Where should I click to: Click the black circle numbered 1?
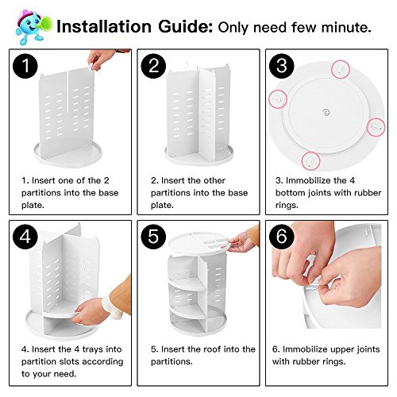click(25, 66)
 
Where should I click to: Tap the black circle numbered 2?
click(153, 66)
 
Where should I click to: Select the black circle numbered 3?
click(282, 66)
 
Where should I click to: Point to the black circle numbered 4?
click(25, 237)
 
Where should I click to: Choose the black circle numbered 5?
click(153, 237)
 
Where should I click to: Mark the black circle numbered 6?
click(282, 237)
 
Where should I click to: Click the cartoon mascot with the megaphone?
click(33, 27)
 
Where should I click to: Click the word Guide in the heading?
click(186, 27)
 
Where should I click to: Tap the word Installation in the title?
click(104, 27)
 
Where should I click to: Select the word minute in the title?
click(346, 28)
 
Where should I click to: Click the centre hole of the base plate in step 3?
click(326, 112)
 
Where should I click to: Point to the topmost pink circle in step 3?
click(341, 69)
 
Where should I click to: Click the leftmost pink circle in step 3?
click(278, 99)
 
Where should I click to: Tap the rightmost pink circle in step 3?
click(376, 127)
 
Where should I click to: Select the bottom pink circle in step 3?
click(311, 160)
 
